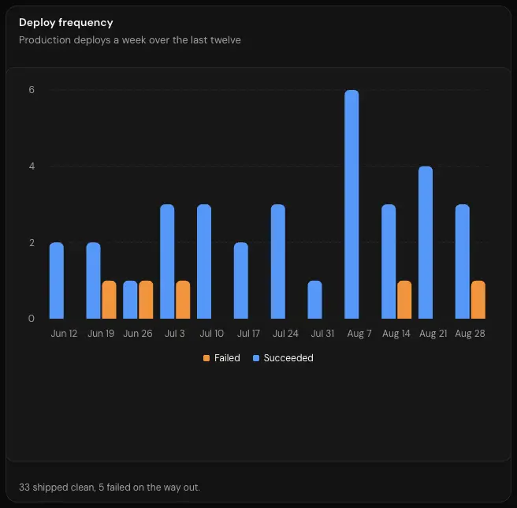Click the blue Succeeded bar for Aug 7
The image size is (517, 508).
(x=351, y=204)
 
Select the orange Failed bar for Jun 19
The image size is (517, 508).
(x=109, y=300)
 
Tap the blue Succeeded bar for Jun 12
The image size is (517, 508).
(x=57, y=281)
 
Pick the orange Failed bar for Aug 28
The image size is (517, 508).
(x=478, y=300)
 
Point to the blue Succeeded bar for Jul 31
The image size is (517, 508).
(x=315, y=300)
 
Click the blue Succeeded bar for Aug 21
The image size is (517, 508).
(x=426, y=242)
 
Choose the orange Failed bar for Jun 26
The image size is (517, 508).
(x=146, y=300)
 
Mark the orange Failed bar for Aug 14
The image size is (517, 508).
(x=404, y=300)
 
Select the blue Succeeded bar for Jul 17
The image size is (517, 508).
(x=241, y=281)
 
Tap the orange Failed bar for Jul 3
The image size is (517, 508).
(x=183, y=300)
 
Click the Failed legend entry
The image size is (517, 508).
(x=221, y=358)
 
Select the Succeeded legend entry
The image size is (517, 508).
(x=283, y=358)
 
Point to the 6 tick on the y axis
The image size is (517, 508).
(x=32, y=90)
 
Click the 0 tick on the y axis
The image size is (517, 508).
(x=32, y=319)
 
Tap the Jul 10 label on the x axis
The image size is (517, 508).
(x=212, y=334)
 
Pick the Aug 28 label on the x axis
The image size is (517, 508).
(x=471, y=334)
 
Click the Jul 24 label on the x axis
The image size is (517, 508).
(x=285, y=334)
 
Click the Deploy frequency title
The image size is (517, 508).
(x=66, y=23)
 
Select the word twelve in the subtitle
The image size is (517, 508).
(x=225, y=40)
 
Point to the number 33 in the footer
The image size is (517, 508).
(x=24, y=487)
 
